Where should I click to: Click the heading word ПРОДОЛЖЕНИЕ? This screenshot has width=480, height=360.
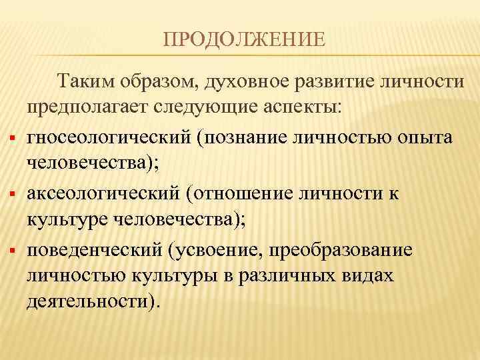[x=245, y=42]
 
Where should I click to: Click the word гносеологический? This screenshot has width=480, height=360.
[x=110, y=137]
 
